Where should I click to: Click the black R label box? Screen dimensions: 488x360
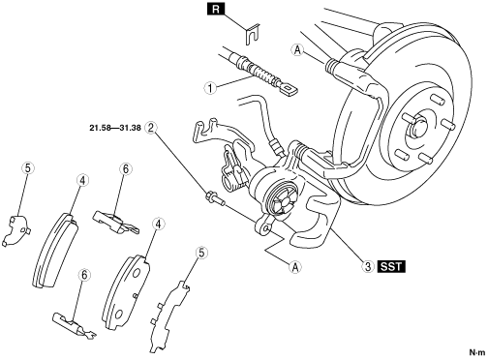[216, 9]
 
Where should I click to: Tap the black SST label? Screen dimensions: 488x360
[391, 267]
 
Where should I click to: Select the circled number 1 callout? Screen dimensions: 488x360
[210, 88]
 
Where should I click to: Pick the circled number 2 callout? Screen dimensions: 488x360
[150, 128]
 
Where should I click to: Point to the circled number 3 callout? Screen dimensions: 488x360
[367, 267]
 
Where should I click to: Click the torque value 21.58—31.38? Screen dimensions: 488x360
[115, 128]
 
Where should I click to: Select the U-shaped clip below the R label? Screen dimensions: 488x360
[252, 34]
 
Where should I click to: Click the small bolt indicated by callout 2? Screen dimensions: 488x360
[215, 198]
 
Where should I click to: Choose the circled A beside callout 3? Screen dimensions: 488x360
[295, 267]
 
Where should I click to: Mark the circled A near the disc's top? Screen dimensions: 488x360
[297, 50]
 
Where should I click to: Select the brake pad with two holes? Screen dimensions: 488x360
[126, 292]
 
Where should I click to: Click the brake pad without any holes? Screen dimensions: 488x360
[55, 250]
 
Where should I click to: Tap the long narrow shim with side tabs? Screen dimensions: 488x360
[168, 316]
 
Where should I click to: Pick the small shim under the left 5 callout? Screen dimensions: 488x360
[16, 229]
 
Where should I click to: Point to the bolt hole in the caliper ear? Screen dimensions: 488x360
[266, 228]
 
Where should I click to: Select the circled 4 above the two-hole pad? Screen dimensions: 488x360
[158, 225]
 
